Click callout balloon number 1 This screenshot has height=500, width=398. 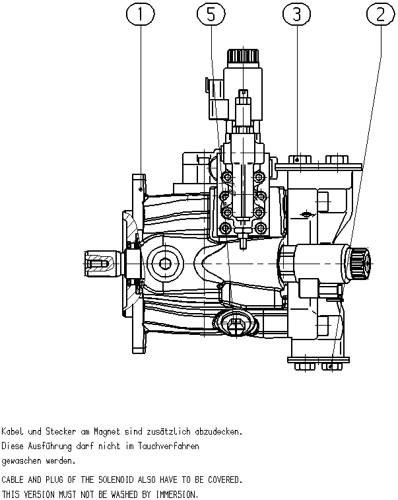pyautogui.click(x=141, y=15)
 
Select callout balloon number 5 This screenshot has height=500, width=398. pyautogui.click(x=211, y=15)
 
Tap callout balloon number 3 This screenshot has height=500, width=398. pyautogui.click(x=296, y=15)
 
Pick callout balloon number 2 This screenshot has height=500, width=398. pyautogui.click(x=381, y=15)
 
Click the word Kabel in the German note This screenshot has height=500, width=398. pyautogui.click(x=13, y=431)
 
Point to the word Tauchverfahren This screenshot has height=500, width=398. pyautogui.click(x=168, y=446)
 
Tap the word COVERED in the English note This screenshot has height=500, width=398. pyautogui.click(x=225, y=480)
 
